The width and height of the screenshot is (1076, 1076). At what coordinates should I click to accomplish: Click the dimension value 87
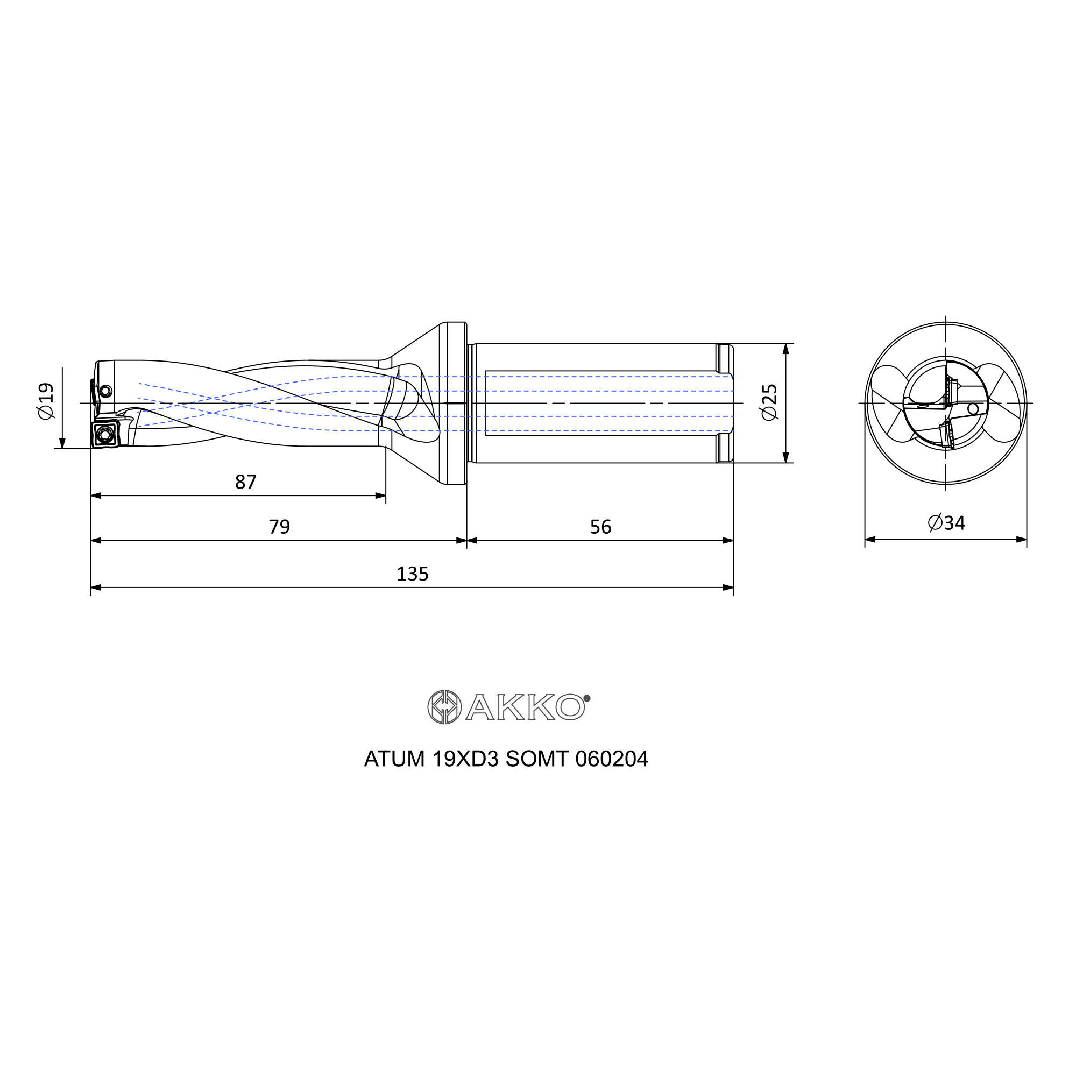click(246, 482)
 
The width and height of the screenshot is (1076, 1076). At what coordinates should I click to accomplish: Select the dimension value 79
click(280, 526)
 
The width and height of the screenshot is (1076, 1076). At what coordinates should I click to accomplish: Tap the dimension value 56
click(600, 526)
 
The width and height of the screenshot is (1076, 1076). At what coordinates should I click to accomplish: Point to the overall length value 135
click(412, 574)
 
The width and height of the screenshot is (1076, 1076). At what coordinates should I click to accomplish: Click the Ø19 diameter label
click(46, 401)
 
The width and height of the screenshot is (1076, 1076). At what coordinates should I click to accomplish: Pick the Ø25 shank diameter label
click(769, 402)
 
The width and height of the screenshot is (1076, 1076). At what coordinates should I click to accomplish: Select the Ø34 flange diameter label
click(946, 522)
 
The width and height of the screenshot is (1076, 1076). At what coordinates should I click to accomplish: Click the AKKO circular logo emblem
click(444, 707)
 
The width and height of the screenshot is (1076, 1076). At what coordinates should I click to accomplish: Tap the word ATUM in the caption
click(394, 759)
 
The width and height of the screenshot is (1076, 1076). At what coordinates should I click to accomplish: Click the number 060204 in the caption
click(612, 759)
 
